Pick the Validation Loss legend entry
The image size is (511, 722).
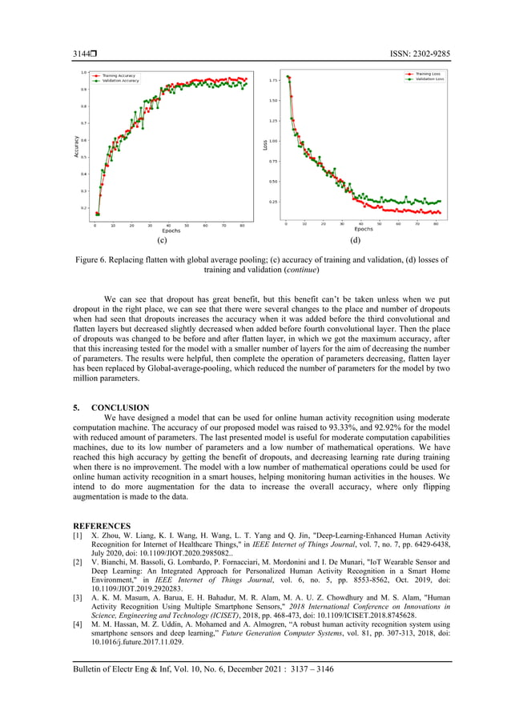pyautogui.click(x=424, y=80)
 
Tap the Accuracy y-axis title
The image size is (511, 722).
pyautogui.click(x=77, y=144)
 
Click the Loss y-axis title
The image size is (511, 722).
pyautogui.click(x=265, y=145)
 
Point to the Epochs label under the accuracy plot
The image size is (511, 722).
pyautogui.click(x=171, y=231)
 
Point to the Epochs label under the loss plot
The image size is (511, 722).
pyautogui.click(x=364, y=230)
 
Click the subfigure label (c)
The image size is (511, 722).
pyautogui.click(x=161, y=239)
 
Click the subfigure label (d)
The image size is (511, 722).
pyautogui.click(x=355, y=239)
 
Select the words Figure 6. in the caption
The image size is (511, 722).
pyautogui.click(x=92, y=260)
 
